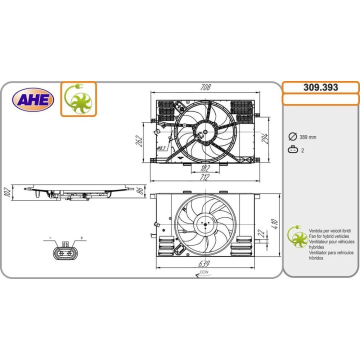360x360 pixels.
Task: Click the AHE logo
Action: (35, 100)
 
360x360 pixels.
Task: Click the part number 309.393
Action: (320, 87)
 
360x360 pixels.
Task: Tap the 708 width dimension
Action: (205, 87)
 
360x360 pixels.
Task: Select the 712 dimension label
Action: (204, 177)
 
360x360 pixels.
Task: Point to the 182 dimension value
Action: (204, 168)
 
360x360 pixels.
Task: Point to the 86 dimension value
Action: (140, 190)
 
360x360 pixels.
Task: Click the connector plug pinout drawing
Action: (65, 251)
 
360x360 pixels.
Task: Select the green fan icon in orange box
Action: (78, 99)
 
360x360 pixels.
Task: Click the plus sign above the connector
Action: (81, 237)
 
